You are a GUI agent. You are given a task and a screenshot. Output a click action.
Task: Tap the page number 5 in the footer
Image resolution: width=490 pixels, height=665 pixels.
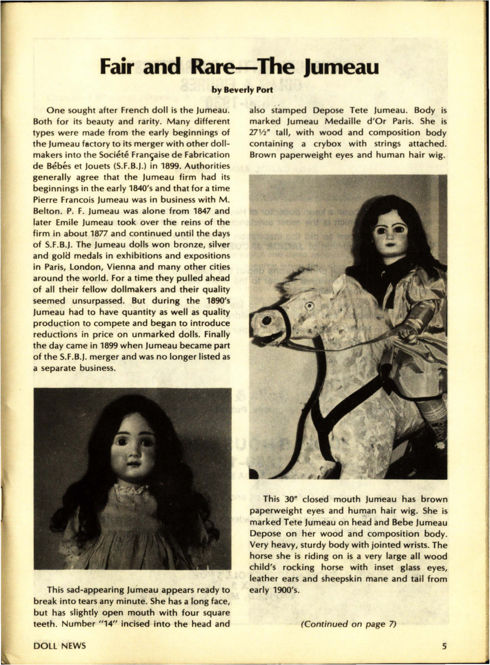click(x=444, y=646)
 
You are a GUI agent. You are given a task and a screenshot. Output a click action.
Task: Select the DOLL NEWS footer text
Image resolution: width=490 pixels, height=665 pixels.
click(x=60, y=646)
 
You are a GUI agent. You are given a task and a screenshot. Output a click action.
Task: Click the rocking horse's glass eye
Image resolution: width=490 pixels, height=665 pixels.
click(x=309, y=306)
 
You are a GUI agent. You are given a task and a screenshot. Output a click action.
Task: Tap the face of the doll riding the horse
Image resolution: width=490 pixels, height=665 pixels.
click(x=390, y=235)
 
